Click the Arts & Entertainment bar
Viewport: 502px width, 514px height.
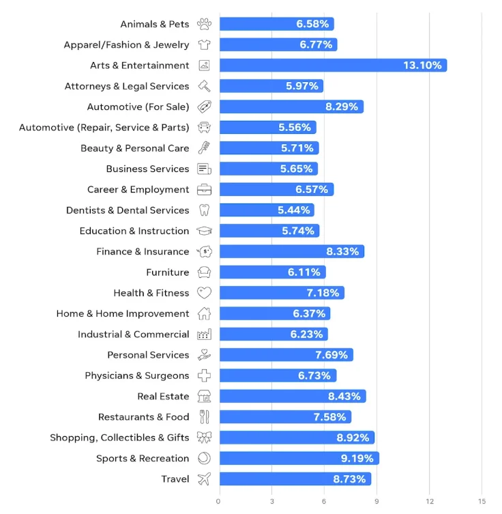click(x=333, y=66)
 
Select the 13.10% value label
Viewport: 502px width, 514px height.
click(x=422, y=66)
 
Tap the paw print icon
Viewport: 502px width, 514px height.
click(x=204, y=24)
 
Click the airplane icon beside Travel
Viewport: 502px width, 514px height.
click(x=204, y=479)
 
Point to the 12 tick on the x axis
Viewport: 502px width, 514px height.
click(x=429, y=501)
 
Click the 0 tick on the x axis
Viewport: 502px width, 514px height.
click(x=218, y=501)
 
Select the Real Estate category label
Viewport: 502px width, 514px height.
click(x=163, y=396)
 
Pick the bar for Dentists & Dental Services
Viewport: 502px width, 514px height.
click(x=267, y=210)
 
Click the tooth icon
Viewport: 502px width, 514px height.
click(x=204, y=210)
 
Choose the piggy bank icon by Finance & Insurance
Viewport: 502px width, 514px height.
click(x=204, y=251)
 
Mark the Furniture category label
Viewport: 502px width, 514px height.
click(x=167, y=272)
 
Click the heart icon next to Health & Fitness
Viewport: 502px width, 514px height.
click(x=204, y=293)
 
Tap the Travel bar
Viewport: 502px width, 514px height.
click(x=295, y=479)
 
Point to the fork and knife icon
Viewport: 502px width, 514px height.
click(x=204, y=416)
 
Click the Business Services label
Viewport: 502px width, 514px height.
click(x=147, y=169)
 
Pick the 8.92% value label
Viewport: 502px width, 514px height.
click(x=352, y=438)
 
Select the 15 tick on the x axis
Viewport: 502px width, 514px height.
click(x=482, y=501)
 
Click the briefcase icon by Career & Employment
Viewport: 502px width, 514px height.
click(x=204, y=190)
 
